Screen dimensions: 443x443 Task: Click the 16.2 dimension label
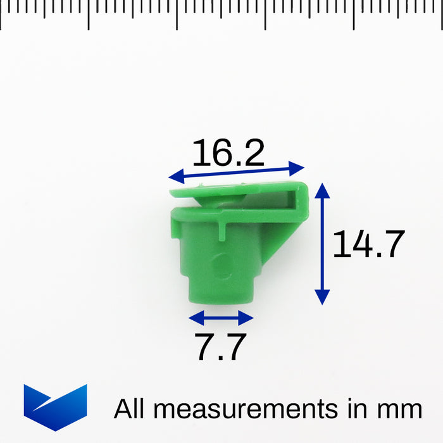click(228, 153)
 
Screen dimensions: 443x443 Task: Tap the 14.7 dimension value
click(368, 244)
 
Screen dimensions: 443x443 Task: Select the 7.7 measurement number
click(220, 347)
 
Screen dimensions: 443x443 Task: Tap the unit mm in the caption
click(400, 409)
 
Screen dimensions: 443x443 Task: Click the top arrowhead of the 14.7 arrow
click(322, 189)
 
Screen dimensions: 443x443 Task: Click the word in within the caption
click(363, 409)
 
